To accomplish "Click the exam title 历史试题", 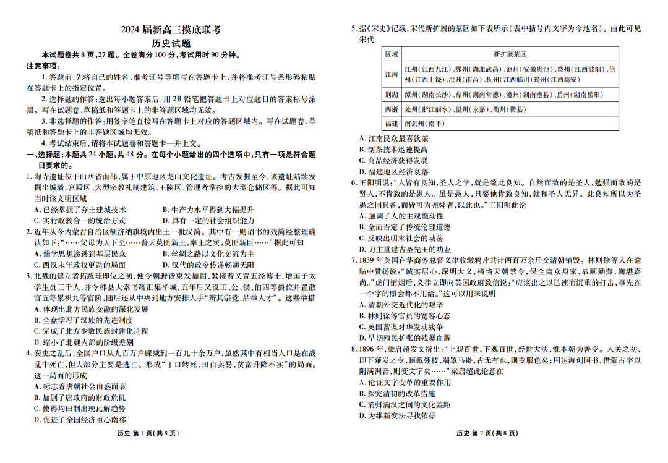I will [171, 43].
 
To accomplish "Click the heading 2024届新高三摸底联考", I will [171, 30].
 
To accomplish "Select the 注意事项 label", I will [43, 66].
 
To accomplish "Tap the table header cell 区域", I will [392, 54].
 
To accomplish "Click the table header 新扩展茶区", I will [510, 54].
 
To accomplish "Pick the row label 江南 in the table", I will [392, 74].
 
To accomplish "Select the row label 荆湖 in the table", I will [392, 95].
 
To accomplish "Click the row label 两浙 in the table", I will [392, 109].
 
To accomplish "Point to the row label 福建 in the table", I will [392, 124].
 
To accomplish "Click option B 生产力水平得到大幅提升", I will [208, 210].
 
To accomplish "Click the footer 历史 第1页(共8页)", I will [148, 433].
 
